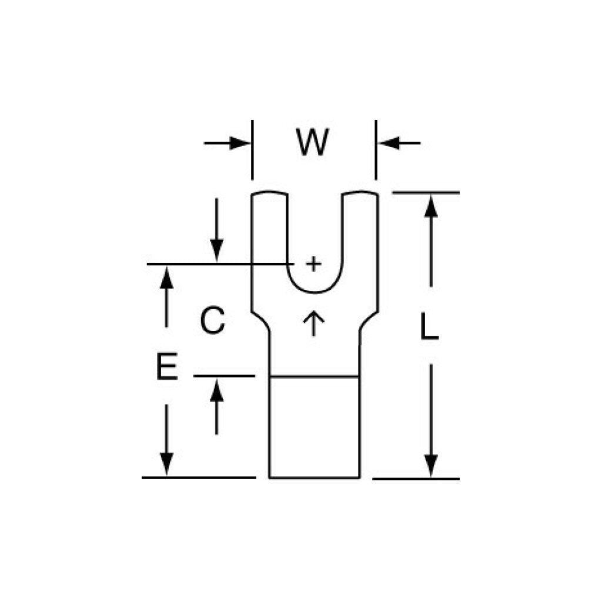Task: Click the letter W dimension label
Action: (x=312, y=142)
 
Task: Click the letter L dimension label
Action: (x=429, y=326)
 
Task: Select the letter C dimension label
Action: (x=212, y=320)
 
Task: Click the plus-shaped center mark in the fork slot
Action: (x=314, y=264)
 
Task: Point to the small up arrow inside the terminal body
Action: (x=314, y=323)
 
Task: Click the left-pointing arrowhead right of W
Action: (x=389, y=143)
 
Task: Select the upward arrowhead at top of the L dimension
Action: (x=431, y=206)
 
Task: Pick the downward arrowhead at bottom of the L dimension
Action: (x=431, y=466)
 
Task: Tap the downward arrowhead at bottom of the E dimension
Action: (x=166, y=464)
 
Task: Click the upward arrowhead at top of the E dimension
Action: (x=166, y=277)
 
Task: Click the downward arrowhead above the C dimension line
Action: (x=216, y=250)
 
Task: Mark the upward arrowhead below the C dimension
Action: (x=216, y=390)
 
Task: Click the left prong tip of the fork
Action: (x=269, y=193)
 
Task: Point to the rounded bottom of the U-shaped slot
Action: (x=315, y=293)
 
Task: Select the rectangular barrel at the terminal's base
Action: (x=315, y=427)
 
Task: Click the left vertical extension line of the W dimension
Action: (x=252, y=150)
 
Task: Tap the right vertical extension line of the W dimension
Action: (x=376, y=150)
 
